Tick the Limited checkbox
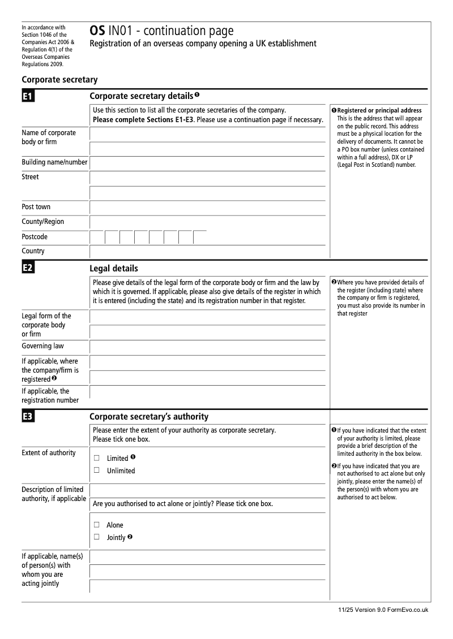tap(97, 458)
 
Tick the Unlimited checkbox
tap(97, 470)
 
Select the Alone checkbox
tap(97, 525)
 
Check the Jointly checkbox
tap(97, 537)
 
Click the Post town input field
tap(207, 208)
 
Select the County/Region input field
tap(207, 222)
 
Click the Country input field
tap(207, 252)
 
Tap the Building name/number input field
tap(207, 163)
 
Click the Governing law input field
tap(207, 347)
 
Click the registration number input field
tap(207, 393)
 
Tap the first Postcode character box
tap(97, 237)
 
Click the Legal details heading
tap(114, 269)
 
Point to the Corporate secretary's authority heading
tap(149, 417)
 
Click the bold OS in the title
tap(97, 32)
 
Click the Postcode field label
tap(35, 237)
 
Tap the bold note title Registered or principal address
tap(379, 110)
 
